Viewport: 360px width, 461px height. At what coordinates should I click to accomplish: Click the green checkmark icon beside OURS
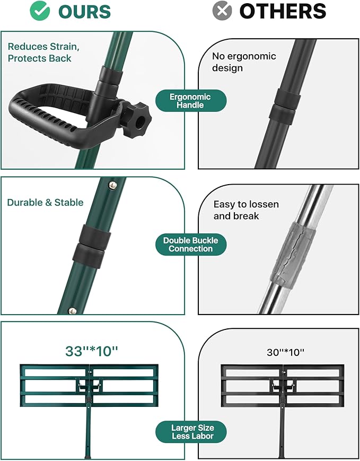tap(40, 11)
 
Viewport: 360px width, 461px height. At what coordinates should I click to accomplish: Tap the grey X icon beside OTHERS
tap(222, 11)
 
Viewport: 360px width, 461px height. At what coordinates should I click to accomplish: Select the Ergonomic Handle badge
tap(191, 101)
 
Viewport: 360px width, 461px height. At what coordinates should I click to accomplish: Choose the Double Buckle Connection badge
tap(191, 245)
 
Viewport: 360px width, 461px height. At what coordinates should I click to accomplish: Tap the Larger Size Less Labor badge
tap(191, 432)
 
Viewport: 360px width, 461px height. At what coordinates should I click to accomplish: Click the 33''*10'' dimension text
tap(91, 351)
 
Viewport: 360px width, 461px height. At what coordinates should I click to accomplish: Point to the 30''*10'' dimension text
tap(285, 352)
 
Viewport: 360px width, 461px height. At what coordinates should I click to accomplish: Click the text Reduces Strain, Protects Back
tap(43, 53)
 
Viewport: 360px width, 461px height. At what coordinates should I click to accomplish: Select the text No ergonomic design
tap(244, 62)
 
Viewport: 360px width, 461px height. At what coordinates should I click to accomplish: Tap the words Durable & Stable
tap(45, 202)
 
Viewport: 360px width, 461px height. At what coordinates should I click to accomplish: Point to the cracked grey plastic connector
tap(292, 254)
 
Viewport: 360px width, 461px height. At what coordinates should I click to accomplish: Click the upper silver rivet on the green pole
tap(112, 185)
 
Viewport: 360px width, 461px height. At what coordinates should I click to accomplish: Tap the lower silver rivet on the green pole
tap(72, 311)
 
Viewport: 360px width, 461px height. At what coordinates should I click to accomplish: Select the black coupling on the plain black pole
tap(285, 106)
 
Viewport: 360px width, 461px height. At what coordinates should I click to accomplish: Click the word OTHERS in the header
tap(283, 11)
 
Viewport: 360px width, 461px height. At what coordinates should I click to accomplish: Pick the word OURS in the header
tap(85, 12)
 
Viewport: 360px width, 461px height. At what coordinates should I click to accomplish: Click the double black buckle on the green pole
tap(91, 246)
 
